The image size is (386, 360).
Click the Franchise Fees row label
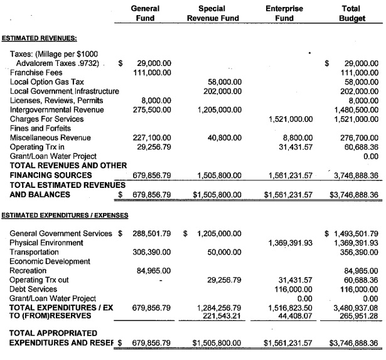37,72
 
